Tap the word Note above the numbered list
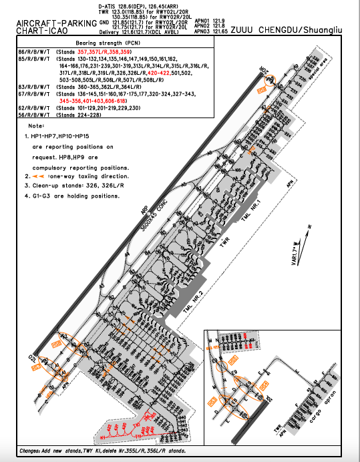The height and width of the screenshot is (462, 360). [35, 126]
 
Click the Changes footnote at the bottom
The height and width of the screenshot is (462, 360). [100, 452]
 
